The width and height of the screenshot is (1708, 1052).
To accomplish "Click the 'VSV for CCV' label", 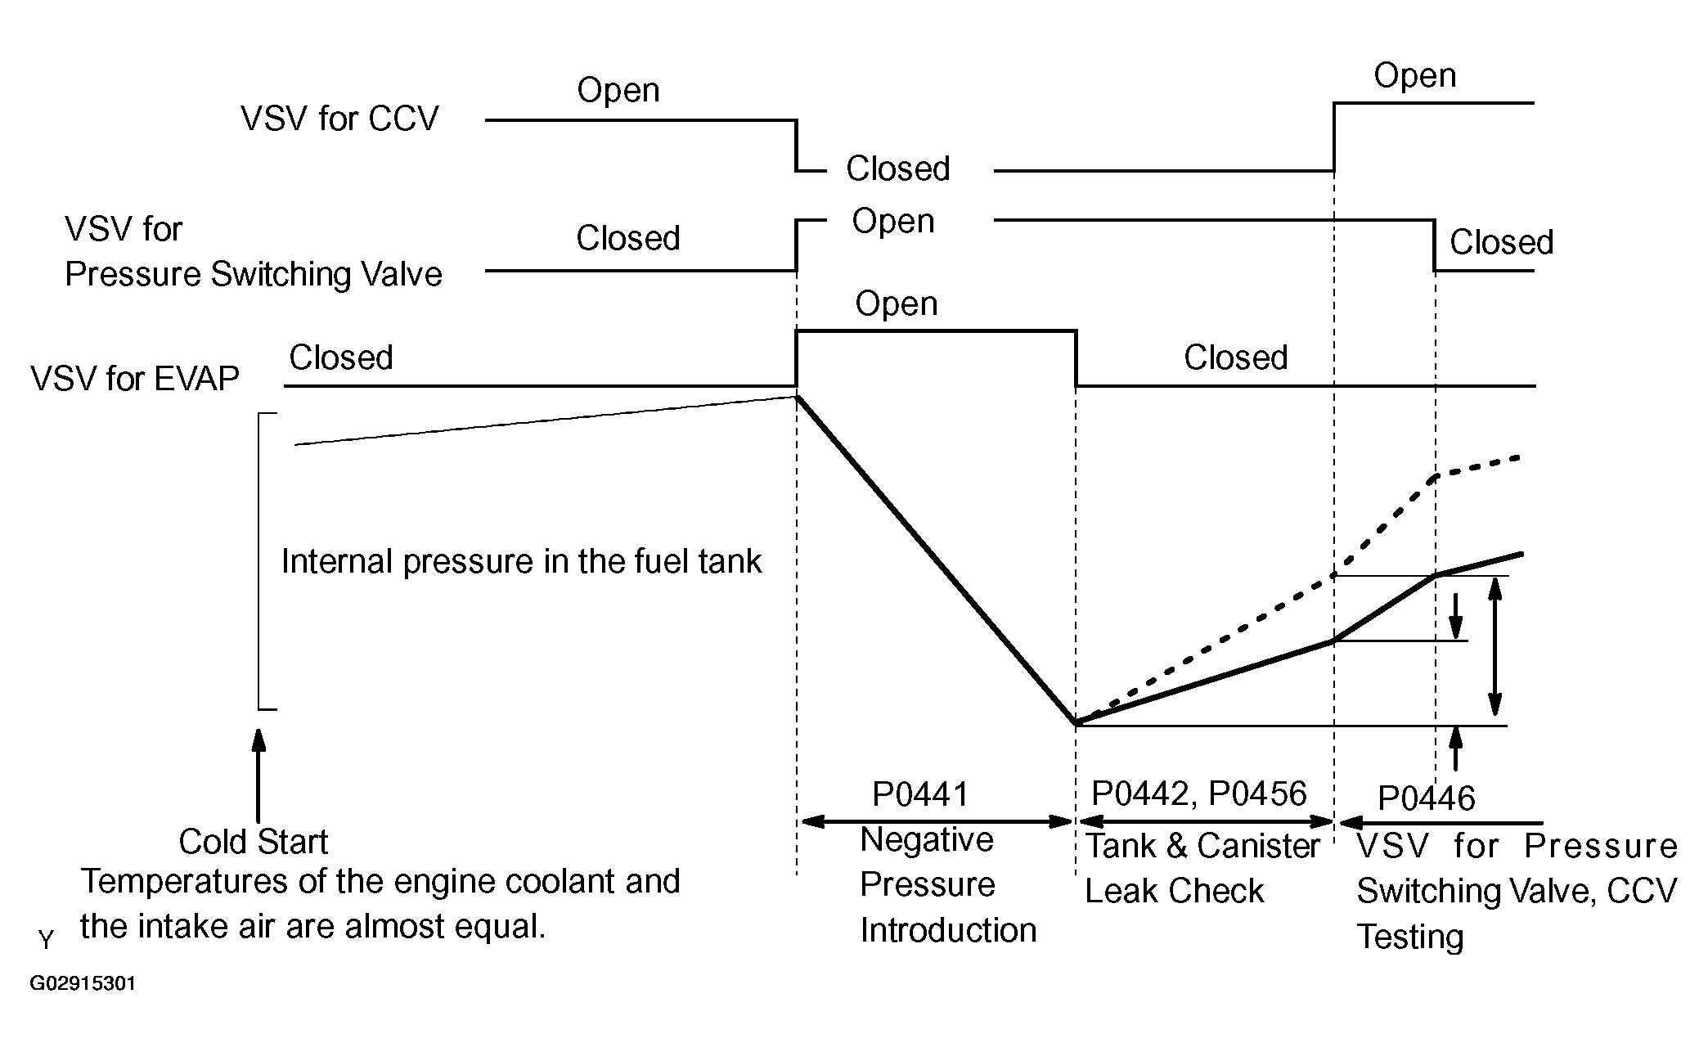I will click(x=339, y=119).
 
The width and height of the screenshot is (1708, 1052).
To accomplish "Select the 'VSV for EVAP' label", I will click(x=135, y=379).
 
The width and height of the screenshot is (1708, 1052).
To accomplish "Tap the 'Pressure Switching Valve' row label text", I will click(x=253, y=274).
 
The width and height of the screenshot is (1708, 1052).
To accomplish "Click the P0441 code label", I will click(x=920, y=794).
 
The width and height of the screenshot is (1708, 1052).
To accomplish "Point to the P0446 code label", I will click(x=1426, y=798).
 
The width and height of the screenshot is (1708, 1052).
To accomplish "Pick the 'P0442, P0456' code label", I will click(x=1199, y=793).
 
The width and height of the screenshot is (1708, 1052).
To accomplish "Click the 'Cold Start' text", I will click(x=253, y=842).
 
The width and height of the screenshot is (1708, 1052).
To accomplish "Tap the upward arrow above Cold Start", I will click(x=258, y=774).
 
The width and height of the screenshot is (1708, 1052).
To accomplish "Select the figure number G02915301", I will click(x=83, y=983).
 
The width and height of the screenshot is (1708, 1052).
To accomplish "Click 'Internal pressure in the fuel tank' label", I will click(x=521, y=562).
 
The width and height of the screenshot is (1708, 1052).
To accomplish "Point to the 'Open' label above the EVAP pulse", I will click(x=896, y=303).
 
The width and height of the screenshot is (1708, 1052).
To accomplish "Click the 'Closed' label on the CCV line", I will click(x=897, y=169).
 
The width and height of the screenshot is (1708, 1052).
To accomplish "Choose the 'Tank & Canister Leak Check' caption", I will click(x=1202, y=868).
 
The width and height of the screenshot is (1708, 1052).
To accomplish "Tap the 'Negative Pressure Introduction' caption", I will click(x=947, y=885).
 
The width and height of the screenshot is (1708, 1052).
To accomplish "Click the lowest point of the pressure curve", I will click(x=1076, y=724).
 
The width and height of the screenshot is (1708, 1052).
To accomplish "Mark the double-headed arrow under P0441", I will click(x=937, y=821).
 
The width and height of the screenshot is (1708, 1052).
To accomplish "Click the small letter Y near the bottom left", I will click(x=46, y=941).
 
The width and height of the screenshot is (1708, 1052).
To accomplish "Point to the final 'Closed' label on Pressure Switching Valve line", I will click(x=1501, y=243).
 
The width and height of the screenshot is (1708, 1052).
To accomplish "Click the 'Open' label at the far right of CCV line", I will click(x=1414, y=76).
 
